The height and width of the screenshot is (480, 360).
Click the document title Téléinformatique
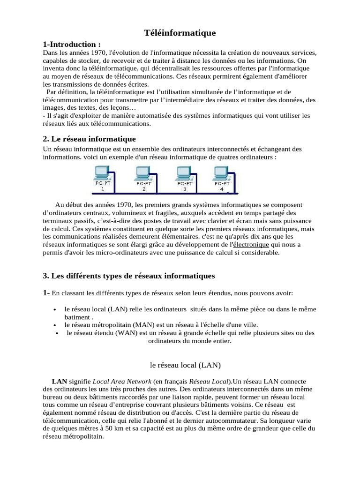[x=180, y=32]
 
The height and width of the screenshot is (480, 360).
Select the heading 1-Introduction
[x=72, y=44]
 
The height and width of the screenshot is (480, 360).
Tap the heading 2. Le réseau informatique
[x=89, y=139]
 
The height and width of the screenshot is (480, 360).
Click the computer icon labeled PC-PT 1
[x=102, y=175]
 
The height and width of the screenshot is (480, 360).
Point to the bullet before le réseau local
[x=55, y=310]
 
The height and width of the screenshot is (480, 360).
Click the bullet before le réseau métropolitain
[x=55, y=325]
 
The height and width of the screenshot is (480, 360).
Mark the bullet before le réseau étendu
[x=57, y=333]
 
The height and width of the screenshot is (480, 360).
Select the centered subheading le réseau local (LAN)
[x=178, y=364]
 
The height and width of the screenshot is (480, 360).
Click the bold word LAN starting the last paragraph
[x=60, y=382]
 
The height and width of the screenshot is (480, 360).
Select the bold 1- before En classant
[x=46, y=293]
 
